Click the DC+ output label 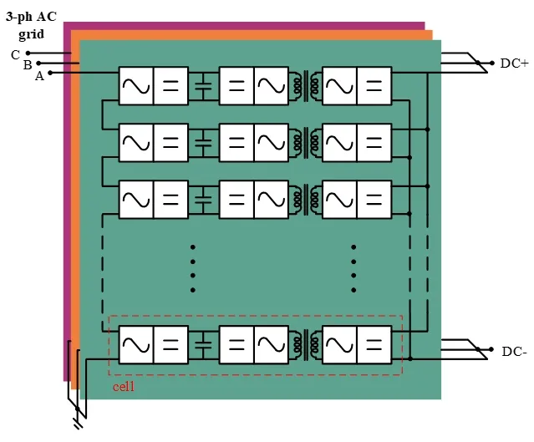point(515,64)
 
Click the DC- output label point(514,352)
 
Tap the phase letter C point(15,54)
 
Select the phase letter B point(27,64)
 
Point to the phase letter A point(38,76)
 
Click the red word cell point(124,387)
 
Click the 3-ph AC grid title point(31,24)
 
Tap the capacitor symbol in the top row point(204,85)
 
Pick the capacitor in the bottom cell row point(204,343)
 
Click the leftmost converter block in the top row point(153,85)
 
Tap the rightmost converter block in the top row point(357,85)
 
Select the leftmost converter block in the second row point(153,143)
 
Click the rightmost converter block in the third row point(357,200)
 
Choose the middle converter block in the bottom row point(254,343)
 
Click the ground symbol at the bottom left point(78,422)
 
